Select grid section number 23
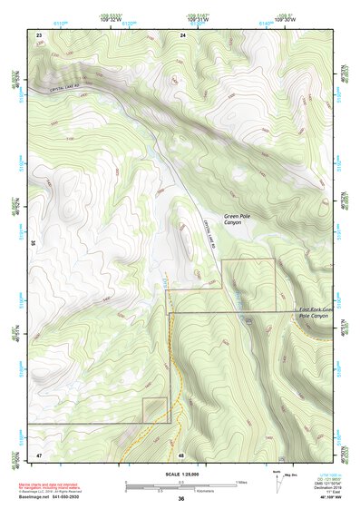[39, 34]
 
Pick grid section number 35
[33, 243]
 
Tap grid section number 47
[39, 453]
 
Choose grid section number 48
[181, 454]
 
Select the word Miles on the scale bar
[240, 481]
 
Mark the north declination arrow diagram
[277, 482]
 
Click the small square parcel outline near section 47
[154, 410]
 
